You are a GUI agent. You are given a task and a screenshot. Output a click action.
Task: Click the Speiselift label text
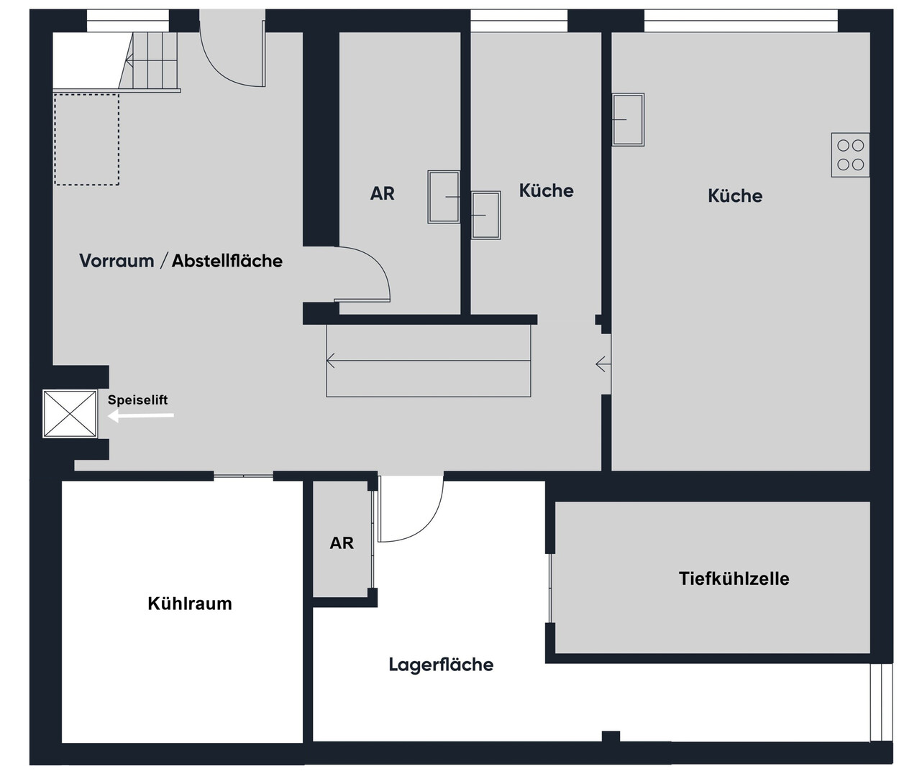coord(137,400)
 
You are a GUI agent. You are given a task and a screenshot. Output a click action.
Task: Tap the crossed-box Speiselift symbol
coord(70,414)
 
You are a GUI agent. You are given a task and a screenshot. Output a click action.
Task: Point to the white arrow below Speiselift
coord(141,415)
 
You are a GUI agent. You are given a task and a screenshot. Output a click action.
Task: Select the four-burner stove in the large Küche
coord(850,155)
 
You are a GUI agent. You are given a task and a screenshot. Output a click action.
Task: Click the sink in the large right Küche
coord(627,119)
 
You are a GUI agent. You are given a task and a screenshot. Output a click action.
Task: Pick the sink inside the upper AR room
coord(444,197)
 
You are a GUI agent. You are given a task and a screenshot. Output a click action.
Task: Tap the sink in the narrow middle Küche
coord(485,216)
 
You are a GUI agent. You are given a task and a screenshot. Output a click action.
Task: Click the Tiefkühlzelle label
coord(734,578)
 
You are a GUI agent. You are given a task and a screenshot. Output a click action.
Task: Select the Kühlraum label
coord(190,604)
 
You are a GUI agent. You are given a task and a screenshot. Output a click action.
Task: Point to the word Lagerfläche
coord(441,665)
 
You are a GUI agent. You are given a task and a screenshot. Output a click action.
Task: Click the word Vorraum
coord(117,261)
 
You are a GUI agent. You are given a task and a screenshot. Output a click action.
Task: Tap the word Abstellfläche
coord(227,261)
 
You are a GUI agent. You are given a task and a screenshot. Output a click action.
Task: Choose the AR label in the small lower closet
coord(342,543)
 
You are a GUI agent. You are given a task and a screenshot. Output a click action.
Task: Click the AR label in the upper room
coord(383,193)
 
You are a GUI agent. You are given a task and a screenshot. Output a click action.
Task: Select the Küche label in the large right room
coord(735,196)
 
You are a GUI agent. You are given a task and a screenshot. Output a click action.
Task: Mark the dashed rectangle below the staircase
coord(86,139)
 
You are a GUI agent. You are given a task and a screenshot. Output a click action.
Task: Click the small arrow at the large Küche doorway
coord(603,364)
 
